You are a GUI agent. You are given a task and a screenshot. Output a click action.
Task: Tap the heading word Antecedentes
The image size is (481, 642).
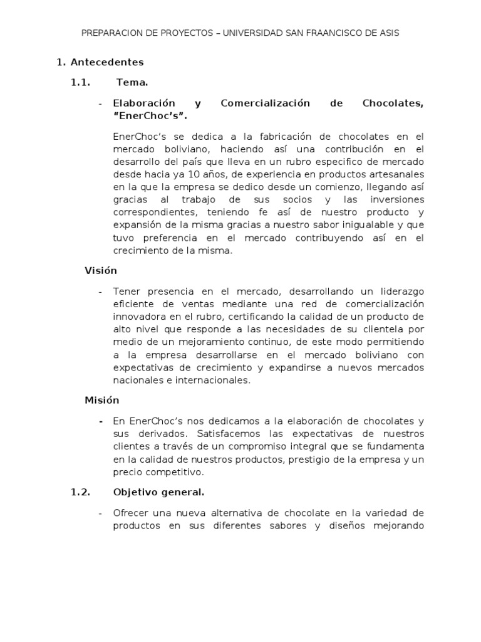(x=107, y=62)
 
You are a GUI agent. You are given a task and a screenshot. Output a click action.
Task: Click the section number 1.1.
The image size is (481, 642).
(x=81, y=82)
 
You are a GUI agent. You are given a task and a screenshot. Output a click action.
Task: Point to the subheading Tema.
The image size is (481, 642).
(x=132, y=82)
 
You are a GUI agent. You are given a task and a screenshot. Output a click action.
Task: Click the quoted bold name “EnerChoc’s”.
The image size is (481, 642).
(x=150, y=116)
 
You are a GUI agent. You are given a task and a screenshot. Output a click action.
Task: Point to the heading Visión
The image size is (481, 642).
(x=101, y=271)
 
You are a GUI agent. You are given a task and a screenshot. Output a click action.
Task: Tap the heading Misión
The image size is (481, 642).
(x=102, y=400)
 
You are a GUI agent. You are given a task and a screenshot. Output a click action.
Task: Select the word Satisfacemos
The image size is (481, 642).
(x=225, y=433)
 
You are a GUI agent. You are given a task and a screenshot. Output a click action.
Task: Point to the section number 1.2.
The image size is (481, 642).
(x=81, y=492)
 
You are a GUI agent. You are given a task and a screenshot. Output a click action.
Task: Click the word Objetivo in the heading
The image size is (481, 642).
(x=134, y=492)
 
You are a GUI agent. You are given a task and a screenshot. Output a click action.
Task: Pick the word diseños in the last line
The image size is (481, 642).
(x=339, y=525)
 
